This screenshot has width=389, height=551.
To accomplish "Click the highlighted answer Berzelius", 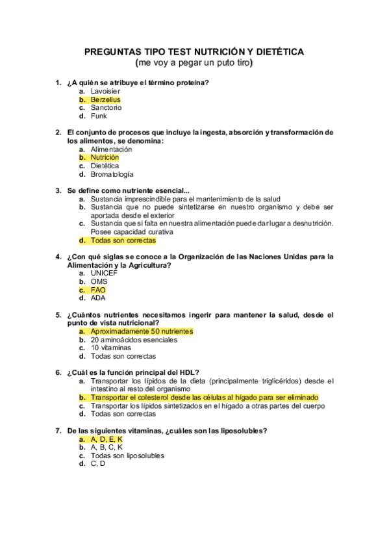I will [105, 100].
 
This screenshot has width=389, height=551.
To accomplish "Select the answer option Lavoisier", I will [105, 92].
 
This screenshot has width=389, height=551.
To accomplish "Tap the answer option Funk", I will [99, 116].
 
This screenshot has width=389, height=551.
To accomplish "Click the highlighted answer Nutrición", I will [105, 157].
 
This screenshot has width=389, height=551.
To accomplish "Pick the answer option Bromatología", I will [112, 174].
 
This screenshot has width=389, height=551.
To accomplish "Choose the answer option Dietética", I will [105, 166].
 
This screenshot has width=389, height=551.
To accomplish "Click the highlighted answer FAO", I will [98, 290].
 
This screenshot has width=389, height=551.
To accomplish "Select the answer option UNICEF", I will [104, 274].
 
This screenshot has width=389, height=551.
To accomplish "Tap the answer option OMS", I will [99, 282].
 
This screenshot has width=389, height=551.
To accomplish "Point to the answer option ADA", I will [98, 298].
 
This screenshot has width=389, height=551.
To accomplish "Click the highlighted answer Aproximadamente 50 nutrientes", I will [142, 331].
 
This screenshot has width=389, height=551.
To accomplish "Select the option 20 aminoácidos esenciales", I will [133, 340].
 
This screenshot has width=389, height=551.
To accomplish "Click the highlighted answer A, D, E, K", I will [107, 439].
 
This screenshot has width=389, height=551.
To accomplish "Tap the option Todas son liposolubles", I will [127, 455].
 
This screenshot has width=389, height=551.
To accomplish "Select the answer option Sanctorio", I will [106, 108].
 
